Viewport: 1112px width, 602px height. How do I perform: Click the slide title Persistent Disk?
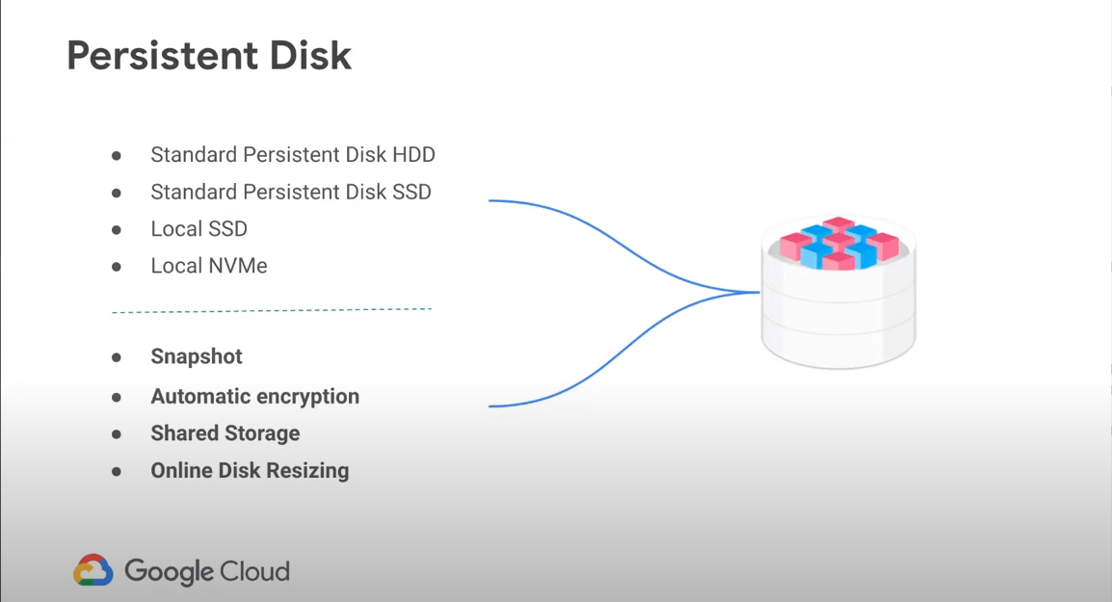209,56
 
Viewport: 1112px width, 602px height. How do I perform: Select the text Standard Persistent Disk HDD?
293,154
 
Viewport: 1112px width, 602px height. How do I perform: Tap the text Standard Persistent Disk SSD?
291,192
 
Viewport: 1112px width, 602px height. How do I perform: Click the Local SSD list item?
199,229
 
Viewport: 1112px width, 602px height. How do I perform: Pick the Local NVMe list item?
209,266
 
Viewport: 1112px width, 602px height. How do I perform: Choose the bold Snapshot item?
197,356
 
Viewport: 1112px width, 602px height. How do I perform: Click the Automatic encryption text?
254,397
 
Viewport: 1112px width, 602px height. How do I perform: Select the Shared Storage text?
225,433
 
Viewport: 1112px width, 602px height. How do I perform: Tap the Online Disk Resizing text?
250,471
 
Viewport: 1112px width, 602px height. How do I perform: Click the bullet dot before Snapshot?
117,357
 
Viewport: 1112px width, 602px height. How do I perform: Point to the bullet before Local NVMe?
117,267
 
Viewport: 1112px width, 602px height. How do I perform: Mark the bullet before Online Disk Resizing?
117,472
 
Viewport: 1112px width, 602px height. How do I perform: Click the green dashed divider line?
272,310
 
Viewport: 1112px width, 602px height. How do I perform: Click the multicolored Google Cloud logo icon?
93,570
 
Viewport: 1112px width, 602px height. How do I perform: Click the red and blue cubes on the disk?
839,243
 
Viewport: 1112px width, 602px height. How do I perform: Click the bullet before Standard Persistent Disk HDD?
117,155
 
